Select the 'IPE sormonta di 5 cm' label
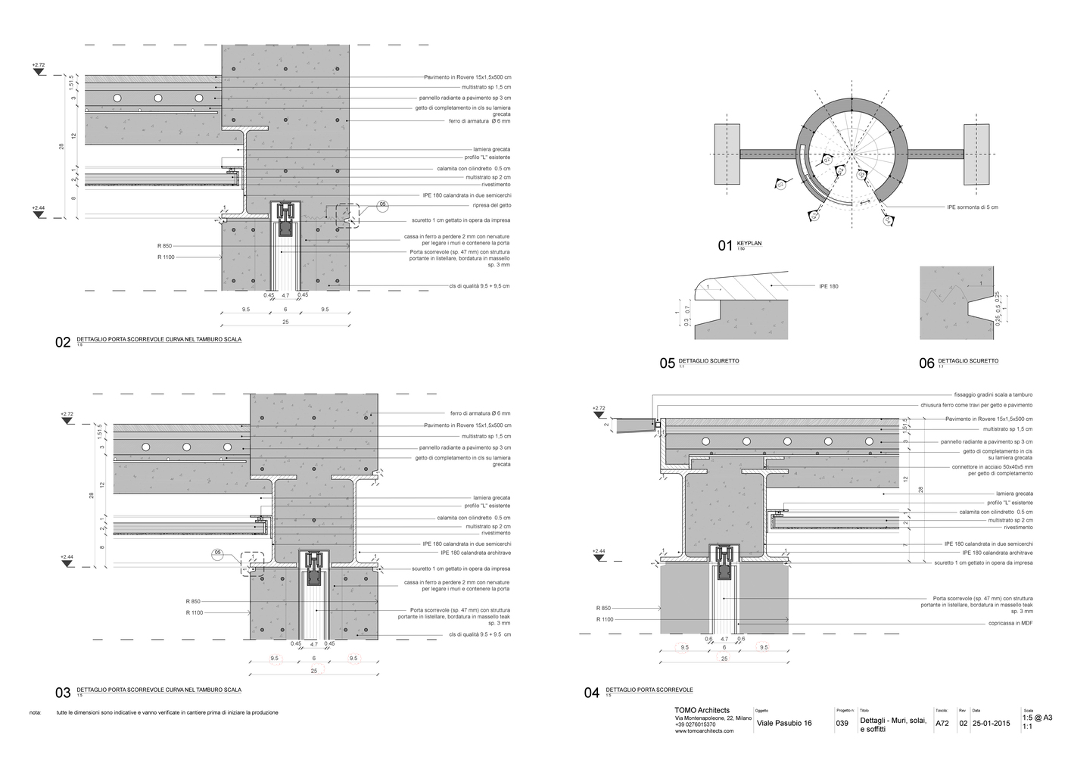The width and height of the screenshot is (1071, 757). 972,207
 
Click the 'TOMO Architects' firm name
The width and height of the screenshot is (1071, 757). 702,709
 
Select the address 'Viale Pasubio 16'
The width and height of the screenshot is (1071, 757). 784,724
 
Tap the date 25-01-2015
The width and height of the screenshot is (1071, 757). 991,724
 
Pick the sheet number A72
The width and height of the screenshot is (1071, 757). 942,724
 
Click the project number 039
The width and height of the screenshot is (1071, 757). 842,724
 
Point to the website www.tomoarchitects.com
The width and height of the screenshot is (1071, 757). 705,731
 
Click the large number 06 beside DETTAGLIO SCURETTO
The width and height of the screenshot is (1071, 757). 926,364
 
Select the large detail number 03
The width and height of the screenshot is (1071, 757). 63,693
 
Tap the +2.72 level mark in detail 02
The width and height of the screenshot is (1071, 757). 39,66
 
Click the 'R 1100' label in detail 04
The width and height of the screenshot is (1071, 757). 604,619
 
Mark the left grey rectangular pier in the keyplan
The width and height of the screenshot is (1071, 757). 727,155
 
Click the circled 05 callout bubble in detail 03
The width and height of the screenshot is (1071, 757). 218,553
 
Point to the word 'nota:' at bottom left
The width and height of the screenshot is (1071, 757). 35,713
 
